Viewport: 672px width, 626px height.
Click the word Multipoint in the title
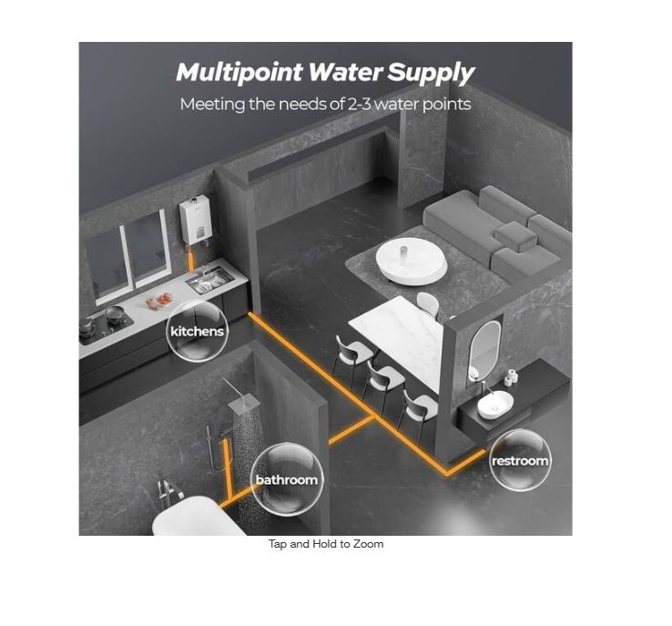[x=239, y=72]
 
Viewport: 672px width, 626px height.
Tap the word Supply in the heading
[x=431, y=73]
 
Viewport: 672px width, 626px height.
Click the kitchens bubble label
[x=198, y=331]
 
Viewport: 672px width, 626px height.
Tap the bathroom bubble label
[x=287, y=479]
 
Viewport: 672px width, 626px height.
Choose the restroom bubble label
[x=520, y=460]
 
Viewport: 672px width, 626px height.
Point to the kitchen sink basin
[x=209, y=279]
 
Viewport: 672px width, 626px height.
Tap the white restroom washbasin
[x=495, y=405]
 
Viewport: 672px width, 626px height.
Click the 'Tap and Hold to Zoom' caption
[x=326, y=544]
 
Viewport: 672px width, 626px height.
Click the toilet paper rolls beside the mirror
[x=511, y=377]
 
